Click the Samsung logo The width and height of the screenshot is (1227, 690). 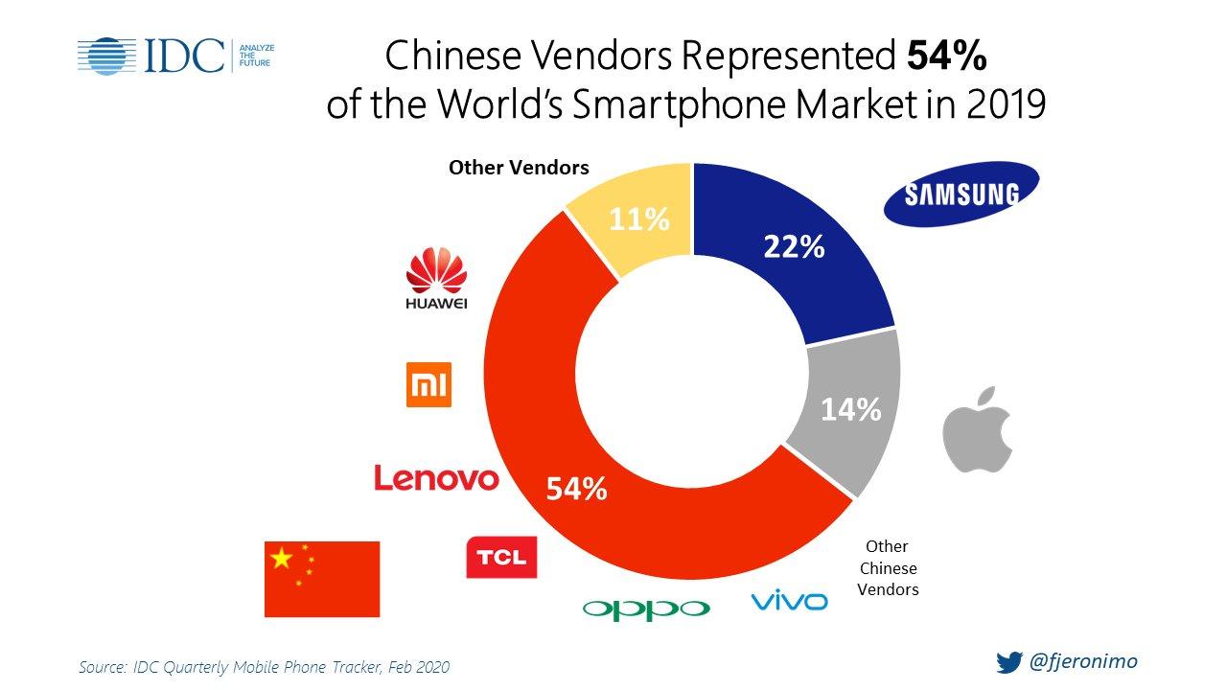click(x=960, y=194)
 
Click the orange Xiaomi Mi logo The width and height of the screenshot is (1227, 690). click(x=428, y=384)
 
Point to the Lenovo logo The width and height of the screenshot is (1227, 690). click(x=436, y=477)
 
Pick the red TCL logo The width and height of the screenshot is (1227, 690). click(x=500, y=558)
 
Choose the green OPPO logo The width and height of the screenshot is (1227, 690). click(x=646, y=609)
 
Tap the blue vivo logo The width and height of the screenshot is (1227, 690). click(x=789, y=602)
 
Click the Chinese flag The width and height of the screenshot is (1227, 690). click(x=321, y=579)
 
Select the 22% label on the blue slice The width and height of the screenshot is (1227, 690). click(x=794, y=247)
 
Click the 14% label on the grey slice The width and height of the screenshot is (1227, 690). click(x=850, y=410)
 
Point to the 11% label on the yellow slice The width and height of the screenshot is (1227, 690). click(x=639, y=220)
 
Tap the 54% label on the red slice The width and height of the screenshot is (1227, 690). click(x=576, y=489)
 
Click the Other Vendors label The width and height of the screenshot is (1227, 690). click(x=519, y=168)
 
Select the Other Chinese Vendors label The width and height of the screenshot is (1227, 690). click(x=887, y=567)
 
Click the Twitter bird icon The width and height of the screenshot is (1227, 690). click(x=1009, y=662)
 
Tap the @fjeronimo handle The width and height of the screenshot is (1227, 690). click(x=1083, y=661)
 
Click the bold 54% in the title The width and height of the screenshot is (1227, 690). click(x=946, y=57)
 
